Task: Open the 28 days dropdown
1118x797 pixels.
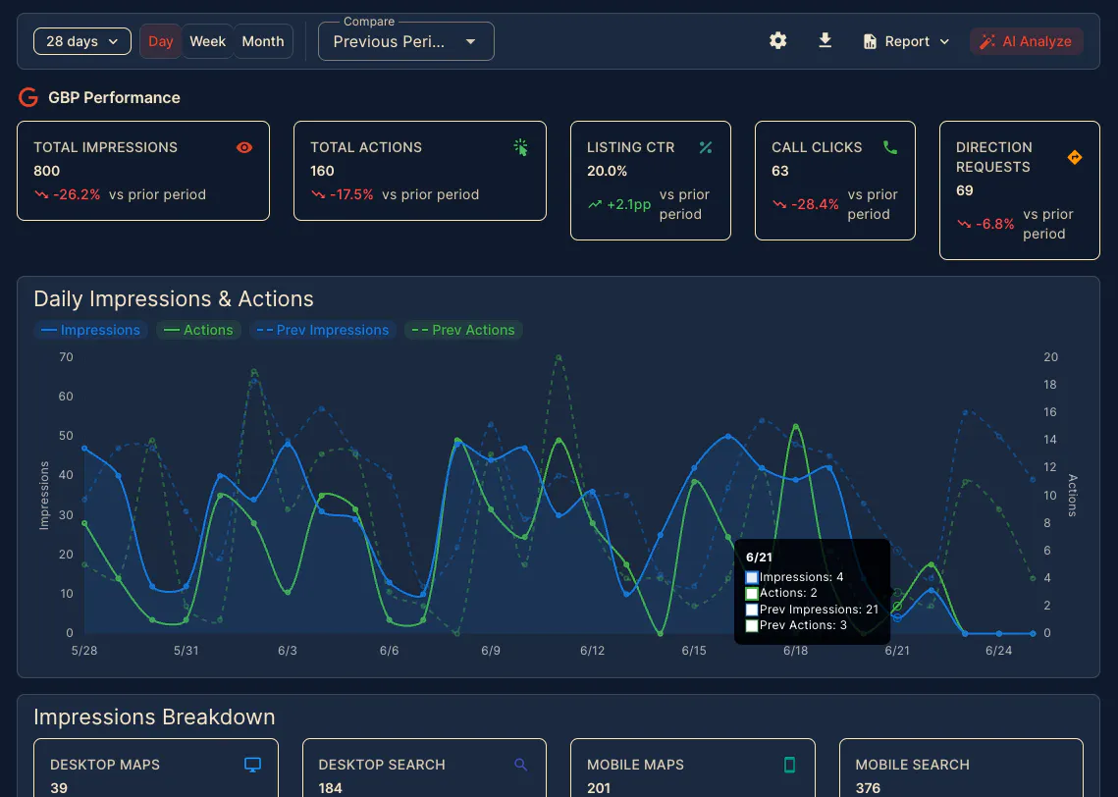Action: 82,41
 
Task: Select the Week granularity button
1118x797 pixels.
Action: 207,41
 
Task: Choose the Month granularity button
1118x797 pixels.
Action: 262,41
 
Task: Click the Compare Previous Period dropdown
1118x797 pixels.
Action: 405,41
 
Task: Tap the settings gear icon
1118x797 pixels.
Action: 778,40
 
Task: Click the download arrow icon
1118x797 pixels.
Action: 825,40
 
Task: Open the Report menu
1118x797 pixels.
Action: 906,41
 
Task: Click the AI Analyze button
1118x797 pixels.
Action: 1026,41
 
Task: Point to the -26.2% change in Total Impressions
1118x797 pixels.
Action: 77,194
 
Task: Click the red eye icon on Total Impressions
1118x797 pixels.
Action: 243,147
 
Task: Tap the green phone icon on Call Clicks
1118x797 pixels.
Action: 890,147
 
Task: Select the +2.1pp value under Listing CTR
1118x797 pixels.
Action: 628,204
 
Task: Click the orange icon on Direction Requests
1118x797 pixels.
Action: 1075,158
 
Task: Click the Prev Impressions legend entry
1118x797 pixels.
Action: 322,330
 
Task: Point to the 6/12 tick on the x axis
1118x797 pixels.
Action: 592,650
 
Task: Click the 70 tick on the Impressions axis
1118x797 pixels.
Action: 66,357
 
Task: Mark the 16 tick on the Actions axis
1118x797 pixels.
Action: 1050,412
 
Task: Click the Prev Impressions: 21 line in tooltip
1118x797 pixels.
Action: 812,610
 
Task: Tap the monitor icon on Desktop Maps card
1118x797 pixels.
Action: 252,765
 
